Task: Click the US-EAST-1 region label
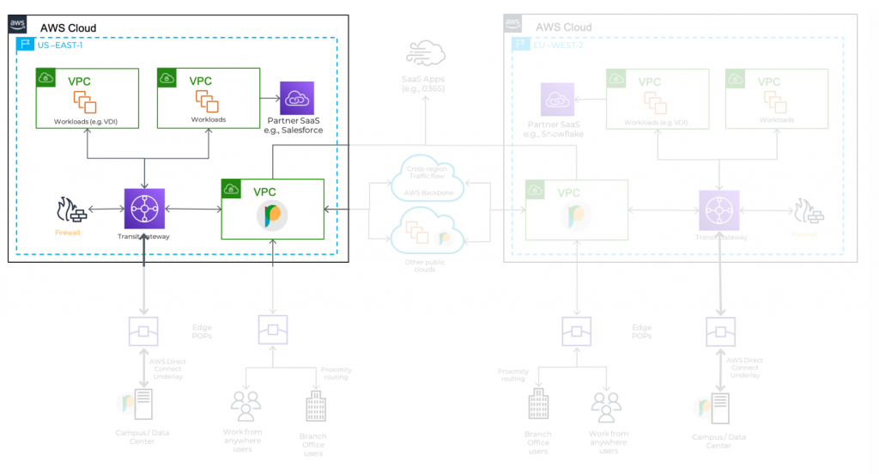click(62, 45)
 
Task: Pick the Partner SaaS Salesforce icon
click(297, 99)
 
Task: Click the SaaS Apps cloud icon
click(426, 54)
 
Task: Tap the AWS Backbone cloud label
click(426, 191)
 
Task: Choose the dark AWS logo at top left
click(18, 25)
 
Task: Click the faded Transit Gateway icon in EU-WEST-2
click(719, 210)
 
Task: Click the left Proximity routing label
click(336, 374)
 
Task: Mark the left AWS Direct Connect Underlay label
click(167, 368)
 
